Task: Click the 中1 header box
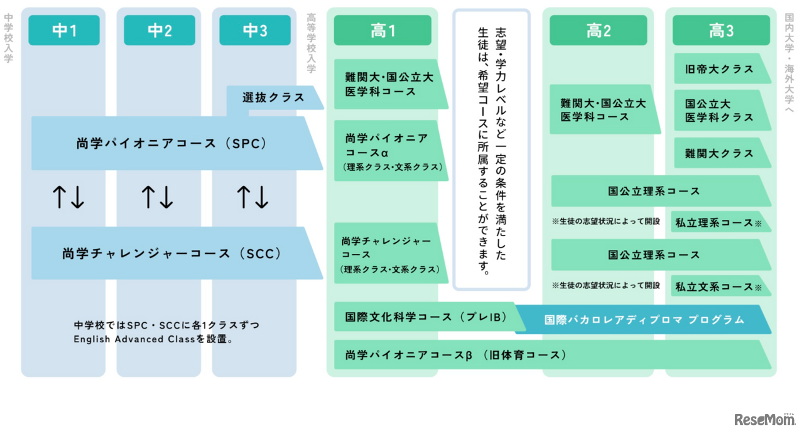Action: click(64, 31)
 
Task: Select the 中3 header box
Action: click(255, 31)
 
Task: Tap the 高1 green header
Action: click(383, 31)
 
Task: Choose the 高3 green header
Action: click(721, 31)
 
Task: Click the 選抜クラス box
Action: click(274, 98)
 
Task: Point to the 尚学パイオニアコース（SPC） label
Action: click(172, 143)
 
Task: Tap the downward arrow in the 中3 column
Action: click(263, 197)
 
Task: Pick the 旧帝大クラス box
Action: click(720, 69)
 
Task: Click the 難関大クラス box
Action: click(720, 153)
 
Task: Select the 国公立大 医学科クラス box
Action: click(720, 111)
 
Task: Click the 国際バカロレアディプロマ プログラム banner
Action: click(644, 320)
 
